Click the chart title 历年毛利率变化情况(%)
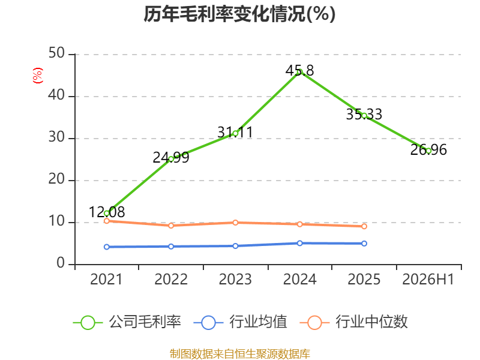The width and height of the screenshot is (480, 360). click(x=239, y=14)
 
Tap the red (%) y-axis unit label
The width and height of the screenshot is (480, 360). click(x=38, y=76)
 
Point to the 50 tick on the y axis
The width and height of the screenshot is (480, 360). click(x=56, y=53)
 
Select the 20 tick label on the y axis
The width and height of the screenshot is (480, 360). click(x=56, y=179)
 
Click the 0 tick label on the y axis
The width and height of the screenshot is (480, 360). click(x=61, y=263)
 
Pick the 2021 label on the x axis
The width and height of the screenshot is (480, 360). click(x=106, y=279)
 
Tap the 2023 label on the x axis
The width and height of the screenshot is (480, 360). click(x=235, y=279)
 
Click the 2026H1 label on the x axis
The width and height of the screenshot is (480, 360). click(x=428, y=279)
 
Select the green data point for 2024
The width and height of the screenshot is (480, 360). click(x=299, y=72)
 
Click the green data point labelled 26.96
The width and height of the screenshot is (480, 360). click(x=428, y=151)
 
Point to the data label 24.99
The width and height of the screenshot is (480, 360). click(x=171, y=158)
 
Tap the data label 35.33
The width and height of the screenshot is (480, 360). click(x=364, y=115)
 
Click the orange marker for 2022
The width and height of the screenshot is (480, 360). click(x=171, y=226)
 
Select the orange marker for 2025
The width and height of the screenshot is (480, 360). click(x=364, y=226)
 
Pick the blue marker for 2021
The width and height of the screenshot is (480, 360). click(x=107, y=247)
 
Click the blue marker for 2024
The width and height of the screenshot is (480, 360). click(x=299, y=243)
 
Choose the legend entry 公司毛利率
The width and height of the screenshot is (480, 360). click(x=127, y=322)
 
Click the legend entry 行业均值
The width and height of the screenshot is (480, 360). click(x=241, y=322)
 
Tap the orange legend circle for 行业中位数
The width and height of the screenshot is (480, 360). click(x=314, y=323)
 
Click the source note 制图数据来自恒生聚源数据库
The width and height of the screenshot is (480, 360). click(x=239, y=354)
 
